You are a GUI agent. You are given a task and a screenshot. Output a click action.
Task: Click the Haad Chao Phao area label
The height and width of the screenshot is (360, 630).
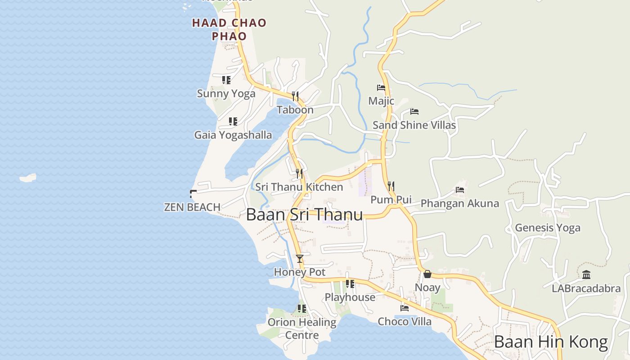[x=229, y=29]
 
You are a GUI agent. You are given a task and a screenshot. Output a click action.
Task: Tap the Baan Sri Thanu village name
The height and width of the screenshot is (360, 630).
[x=304, y=214]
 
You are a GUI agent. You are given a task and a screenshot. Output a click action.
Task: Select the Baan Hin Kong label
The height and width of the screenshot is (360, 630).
[x=551, y=342]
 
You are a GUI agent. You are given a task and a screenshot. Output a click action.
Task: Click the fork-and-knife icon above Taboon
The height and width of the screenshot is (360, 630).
[x=295, y=96]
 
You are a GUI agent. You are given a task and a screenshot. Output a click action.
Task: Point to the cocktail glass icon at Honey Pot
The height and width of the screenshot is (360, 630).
[x=300, y=258]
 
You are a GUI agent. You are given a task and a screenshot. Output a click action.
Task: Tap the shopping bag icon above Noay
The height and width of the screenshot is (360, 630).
[x=427, y=274]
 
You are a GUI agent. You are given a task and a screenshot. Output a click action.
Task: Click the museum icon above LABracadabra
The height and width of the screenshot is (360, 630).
[x=586, y=274]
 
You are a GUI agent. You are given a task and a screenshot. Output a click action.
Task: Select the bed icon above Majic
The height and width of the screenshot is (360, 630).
[x=381, y=88]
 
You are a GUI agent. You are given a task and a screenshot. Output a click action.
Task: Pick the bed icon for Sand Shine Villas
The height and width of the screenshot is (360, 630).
[x=414, y=112]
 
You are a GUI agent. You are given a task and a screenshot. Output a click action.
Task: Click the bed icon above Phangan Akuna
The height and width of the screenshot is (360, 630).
[x=460, y=190]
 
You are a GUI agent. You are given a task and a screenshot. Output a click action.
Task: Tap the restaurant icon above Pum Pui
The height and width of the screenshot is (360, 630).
[x=391, y=186]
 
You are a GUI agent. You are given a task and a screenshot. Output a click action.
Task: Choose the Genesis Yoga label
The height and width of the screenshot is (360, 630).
[x=547, y=228]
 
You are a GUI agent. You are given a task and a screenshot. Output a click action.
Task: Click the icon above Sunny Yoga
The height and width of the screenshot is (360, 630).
[x=226, y=80]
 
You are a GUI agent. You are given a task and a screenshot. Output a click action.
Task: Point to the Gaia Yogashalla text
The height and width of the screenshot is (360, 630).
[x=233, y=135]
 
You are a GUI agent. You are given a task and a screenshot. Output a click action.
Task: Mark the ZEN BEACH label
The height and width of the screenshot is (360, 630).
[x=192, y=207]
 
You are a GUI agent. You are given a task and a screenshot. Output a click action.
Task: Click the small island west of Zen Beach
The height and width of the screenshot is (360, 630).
[x=28, y=178]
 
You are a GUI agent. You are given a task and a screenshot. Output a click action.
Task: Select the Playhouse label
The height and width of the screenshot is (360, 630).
[x=350, y=297]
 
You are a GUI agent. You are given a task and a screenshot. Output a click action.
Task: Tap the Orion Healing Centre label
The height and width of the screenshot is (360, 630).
[x=302, y=328]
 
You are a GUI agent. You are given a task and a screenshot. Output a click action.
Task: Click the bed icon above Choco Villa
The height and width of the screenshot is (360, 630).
[x=405, y=308]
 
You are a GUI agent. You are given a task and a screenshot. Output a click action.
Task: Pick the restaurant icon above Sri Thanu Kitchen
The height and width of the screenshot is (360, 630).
[x=299, y=173]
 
